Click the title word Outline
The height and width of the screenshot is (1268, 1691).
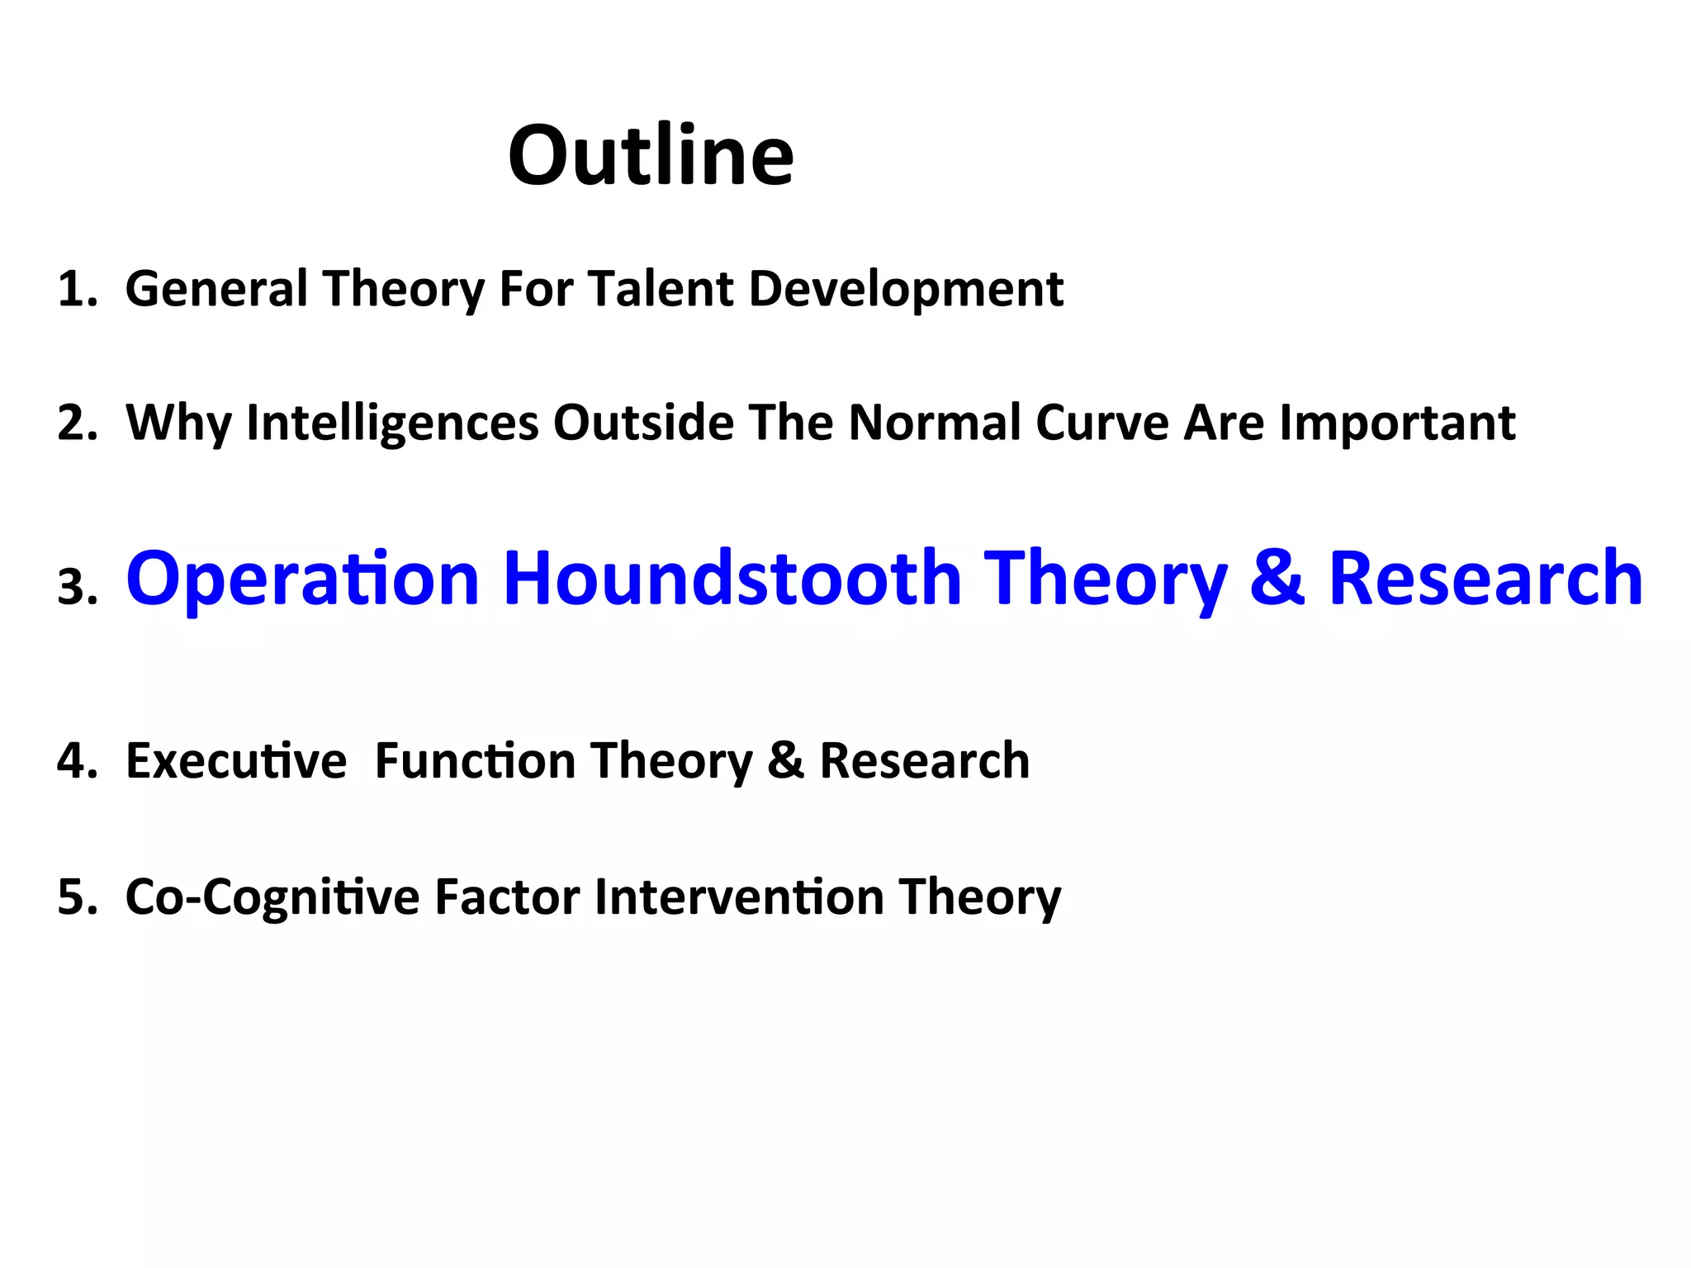pos(651,155)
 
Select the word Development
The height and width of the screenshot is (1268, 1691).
pos(906,290)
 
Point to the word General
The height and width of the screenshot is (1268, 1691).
pos(216,290)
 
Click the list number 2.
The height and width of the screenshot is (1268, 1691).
pos(75,423)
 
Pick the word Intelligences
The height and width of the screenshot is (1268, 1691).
pos(392,423)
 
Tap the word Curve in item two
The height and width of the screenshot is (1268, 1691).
pos(1102,423)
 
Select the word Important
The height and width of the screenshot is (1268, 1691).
pos(1397,423)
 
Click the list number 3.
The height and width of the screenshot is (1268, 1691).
pos(75,588)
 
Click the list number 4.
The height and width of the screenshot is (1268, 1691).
pos(75,761)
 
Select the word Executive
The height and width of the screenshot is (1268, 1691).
pos(236,761)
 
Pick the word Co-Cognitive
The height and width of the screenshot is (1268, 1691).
pos(272,897)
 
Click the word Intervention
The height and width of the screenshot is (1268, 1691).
pos(739,897)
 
